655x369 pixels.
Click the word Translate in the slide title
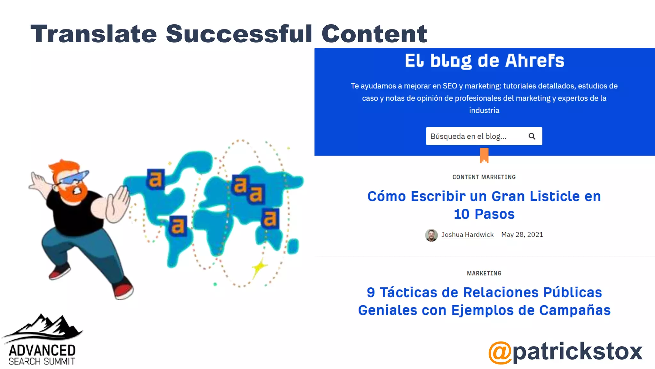[94, 34]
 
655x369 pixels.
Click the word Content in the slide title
[374, 34]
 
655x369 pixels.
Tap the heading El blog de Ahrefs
[484, 61]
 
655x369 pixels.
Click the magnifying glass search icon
[532, 136]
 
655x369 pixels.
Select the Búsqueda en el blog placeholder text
[468, 136]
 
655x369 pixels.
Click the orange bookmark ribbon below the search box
[484, 155]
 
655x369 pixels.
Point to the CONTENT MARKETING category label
[484, 177]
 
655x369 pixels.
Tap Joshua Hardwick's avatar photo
[431, 235]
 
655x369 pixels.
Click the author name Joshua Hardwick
[467, 234]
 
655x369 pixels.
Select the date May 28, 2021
[522, 234]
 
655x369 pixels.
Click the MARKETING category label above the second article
[484, 273]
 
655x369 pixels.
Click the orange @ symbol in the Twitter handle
[500, 352]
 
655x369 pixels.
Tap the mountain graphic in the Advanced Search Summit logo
[45, 327]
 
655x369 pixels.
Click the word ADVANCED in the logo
[42, 350]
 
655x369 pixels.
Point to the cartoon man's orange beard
[75, 194]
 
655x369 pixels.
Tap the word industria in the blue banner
[484, 111]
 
